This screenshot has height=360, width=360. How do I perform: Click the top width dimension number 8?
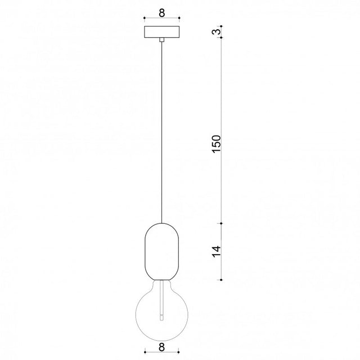[162, 13]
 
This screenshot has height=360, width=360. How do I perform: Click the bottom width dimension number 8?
[162, 347]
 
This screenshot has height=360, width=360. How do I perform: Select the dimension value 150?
[217, 144]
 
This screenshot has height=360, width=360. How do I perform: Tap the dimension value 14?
[217, 251]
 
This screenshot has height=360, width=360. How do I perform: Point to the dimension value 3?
[217, 31]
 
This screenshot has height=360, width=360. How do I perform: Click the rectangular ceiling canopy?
[162, 32]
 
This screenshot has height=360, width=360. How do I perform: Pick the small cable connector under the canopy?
[162, 40]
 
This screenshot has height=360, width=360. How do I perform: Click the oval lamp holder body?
[162, 251]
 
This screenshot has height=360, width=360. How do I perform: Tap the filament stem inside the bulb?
[162, 300]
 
